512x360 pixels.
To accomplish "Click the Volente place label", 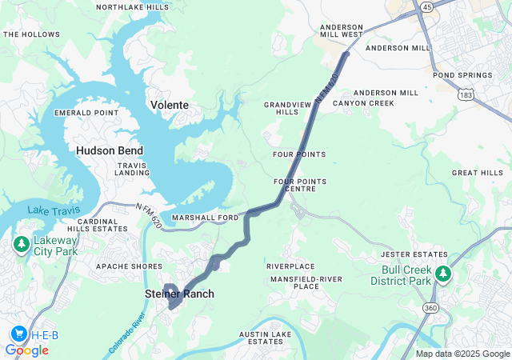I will click(170, 105).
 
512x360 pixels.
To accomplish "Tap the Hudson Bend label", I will click(110, 150).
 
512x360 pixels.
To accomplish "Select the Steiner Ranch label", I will click(179, 294).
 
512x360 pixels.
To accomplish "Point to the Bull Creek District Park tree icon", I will click(442, 274).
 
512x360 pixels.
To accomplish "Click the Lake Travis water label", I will click(49, 210).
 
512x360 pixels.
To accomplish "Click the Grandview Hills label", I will click(282, 108).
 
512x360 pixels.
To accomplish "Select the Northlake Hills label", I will click(132, 7).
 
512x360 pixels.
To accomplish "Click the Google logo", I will click(26, 350).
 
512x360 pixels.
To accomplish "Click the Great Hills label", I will click(477, 173).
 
